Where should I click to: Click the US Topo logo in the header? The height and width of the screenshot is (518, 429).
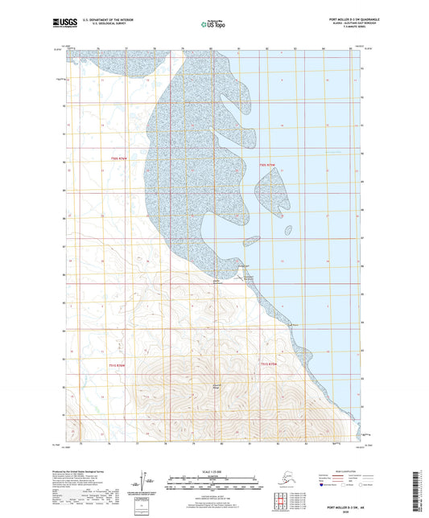(x=213, y=26)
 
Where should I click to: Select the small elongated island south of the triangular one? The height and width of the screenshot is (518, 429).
(x=251, y=240)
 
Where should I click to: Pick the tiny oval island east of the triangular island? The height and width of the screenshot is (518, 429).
(x=288, y=230)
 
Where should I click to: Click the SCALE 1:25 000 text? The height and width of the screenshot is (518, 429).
(x=213, y=471)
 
